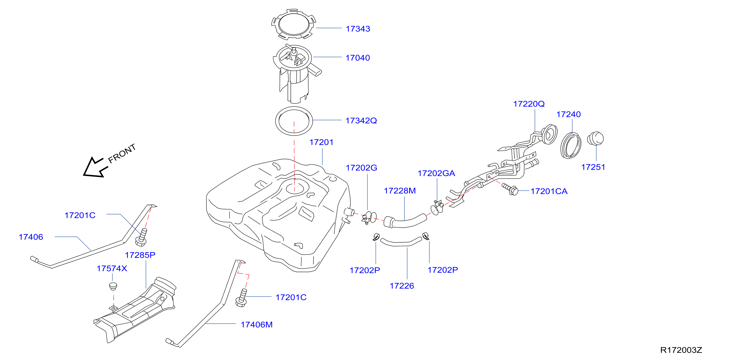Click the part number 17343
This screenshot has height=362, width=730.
tap(358, 29)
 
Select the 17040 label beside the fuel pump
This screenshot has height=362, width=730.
tap(358, 58)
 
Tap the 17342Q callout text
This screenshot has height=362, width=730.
tap(361, 121)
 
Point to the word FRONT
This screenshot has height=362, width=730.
tap(122, 154)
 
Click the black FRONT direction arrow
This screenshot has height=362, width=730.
tap(95, 168)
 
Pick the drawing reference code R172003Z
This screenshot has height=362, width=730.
tap(681, 350)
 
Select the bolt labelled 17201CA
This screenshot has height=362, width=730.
tap(510, 189)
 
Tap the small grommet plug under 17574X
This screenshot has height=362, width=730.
tap(113, 286)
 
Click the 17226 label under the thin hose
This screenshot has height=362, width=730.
tap(402, 286)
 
